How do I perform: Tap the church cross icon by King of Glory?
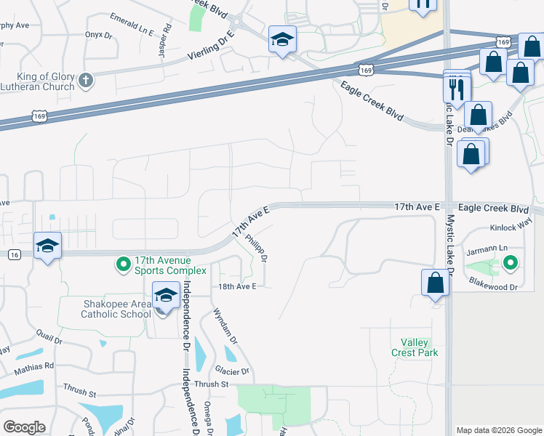click(x=86, y=81)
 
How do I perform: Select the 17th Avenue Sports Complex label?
click(x=171, y=265)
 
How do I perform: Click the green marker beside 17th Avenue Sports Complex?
click(x=123, y=264)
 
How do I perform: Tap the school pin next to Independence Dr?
click(x=167, y=296)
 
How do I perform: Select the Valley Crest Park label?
click(x=420, y=347)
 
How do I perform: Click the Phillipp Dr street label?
click(x=257, y=247)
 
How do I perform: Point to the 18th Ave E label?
click(x=238, y=286)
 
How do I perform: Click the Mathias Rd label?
click(x=33, y=367)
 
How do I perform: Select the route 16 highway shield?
click(x=14, y=254)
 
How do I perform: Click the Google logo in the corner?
click(x=25, y=427)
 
